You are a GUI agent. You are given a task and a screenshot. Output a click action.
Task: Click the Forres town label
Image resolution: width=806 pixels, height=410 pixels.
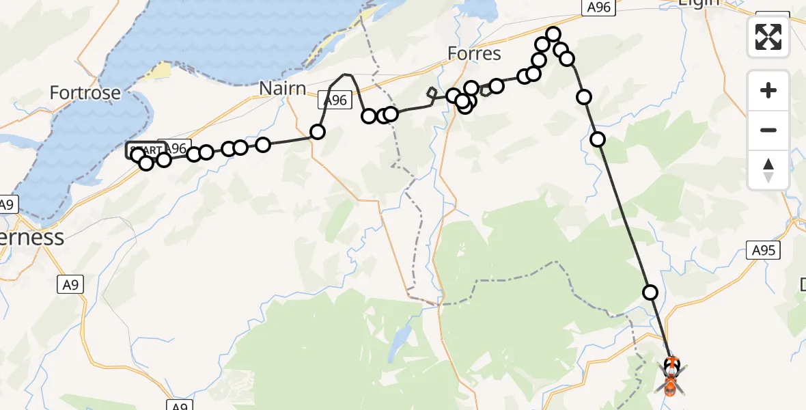[x=474, y=53]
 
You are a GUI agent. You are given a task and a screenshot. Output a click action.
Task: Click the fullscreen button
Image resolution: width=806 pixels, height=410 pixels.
[x=768, y=37]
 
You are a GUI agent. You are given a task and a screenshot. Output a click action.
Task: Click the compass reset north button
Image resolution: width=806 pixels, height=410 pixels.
[x=768, y=170]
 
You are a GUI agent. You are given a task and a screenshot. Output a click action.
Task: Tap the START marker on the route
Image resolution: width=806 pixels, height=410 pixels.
[x=145, y=150]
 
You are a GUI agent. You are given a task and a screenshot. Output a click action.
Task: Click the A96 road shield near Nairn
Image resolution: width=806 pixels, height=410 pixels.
[x=335, y=100]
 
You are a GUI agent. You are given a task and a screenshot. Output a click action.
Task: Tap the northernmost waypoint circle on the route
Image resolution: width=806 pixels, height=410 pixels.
[x=553, y=34]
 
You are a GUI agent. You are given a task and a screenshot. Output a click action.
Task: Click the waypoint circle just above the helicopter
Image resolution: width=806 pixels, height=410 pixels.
[x=650, y=292]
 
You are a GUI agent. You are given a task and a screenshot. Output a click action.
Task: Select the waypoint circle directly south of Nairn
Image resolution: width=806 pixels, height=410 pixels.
[x=318, y=132]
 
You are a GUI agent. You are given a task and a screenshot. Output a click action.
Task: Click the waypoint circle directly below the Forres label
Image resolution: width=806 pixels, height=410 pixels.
[x=472, y=87]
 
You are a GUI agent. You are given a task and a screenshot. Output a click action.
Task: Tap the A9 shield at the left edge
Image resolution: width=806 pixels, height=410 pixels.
[x=8, y=204]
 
